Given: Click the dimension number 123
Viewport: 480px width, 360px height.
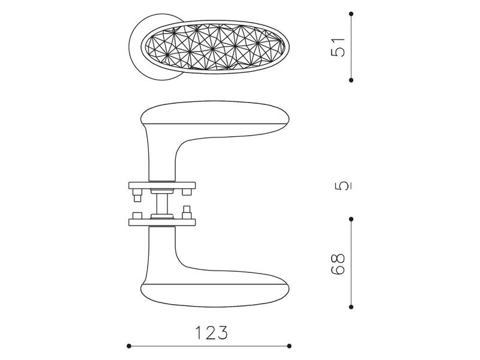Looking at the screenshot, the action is tap(212, 332).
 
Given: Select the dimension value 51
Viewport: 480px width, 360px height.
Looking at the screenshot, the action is tap(338, 47).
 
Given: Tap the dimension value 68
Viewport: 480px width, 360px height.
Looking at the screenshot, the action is tap(338, 264).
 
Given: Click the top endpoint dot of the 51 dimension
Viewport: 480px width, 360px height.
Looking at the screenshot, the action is tap(351, 14).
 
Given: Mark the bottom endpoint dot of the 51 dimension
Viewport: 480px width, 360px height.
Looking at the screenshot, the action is tap(351, 80).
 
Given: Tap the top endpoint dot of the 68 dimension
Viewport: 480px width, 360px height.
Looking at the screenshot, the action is tap(351, 219).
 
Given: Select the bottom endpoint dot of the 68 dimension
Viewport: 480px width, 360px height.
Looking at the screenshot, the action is tap(351, 307).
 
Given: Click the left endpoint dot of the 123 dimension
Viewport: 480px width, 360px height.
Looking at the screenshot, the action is tap(129, 346).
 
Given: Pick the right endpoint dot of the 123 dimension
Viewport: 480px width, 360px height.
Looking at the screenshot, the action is tap(289, 346).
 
